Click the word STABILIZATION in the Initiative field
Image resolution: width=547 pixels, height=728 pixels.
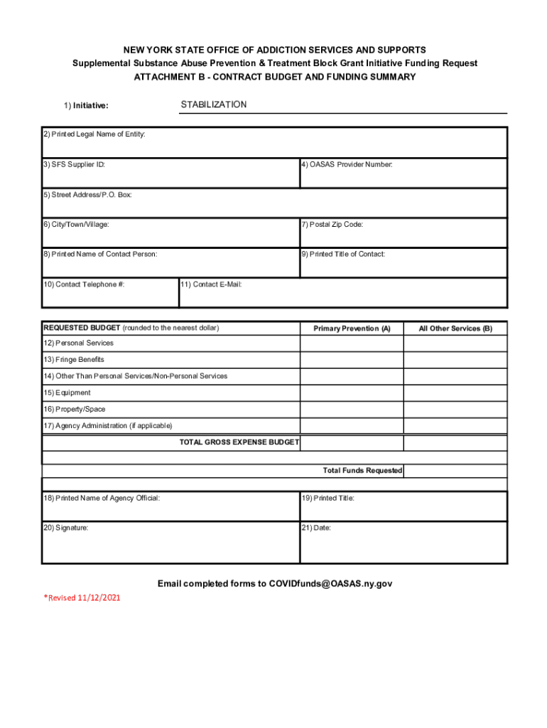[x=214, y=105]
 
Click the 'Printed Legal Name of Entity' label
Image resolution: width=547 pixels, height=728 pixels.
[x=94, y=134]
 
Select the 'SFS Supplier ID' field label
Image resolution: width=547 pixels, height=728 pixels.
[x=74, y=164]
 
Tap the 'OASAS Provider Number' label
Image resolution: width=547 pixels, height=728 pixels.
[x=347, y=165]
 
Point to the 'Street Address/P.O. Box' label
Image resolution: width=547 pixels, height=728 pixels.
[x=87, y=195]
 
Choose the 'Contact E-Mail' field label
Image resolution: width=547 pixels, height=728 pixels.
[x=212, y=284]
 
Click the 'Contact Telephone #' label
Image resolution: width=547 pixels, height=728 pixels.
[x=84, y=284]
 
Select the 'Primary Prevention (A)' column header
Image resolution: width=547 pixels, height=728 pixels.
[x=352, y=328]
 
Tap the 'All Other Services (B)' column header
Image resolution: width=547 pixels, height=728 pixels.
[x=455, y=328]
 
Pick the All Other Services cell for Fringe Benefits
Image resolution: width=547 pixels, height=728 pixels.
[x=455, y=360]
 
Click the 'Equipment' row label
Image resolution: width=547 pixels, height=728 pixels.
[x=67, y=392]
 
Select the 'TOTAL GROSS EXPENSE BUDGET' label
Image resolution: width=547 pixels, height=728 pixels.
[x=239, y=442]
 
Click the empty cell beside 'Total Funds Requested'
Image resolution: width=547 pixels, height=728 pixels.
[x=455, y=471]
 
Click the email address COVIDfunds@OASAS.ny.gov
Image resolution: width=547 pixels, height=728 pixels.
[x=330, y=584]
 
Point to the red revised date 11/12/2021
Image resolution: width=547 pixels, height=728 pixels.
[x=99, y=598]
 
